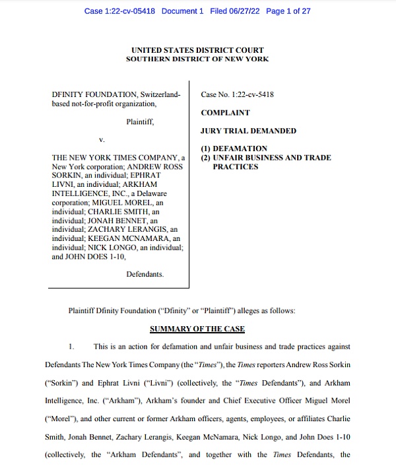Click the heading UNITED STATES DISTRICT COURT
(x=197, y=50)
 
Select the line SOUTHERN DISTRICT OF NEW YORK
(x=197, y=59)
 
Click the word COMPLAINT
(x=225, y=113)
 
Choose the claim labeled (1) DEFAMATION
(x=234, y=149)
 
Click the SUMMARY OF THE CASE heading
(x=197, y=329)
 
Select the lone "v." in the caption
(x=102, y=140)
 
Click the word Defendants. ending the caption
(x=145, y=274)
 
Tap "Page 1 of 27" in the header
(x=288, y=12)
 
